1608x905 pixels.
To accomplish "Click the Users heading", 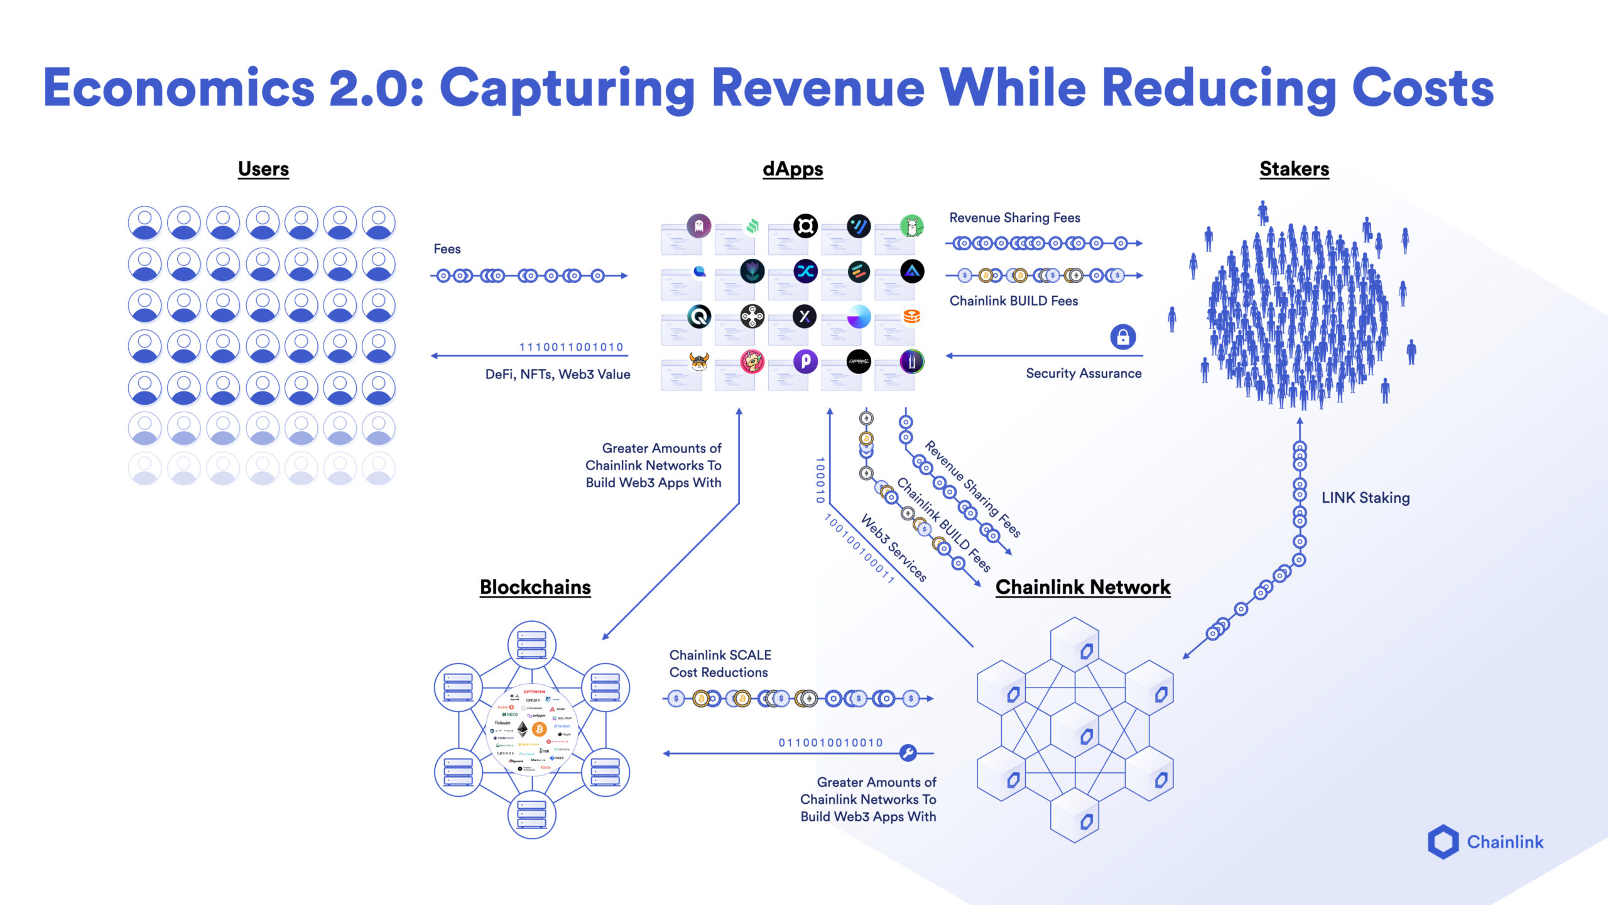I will pos(263,169).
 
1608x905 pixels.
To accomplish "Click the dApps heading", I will pos(793,169).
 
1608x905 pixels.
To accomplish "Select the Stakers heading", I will pos(1294,169).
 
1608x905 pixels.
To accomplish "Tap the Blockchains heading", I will pos(535,587).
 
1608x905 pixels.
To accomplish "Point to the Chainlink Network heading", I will pos(1083,587).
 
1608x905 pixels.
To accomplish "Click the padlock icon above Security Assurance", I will pos(1122,337).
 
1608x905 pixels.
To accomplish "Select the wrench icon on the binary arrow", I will pos(908,752).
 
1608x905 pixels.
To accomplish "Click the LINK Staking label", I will pos(1365,498).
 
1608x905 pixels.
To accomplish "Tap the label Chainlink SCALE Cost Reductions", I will pos(720,664).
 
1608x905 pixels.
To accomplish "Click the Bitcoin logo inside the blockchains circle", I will pos(539,729).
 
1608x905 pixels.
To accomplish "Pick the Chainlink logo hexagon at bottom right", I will pos(1443,842).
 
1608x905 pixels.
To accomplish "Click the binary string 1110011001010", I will pos(571,347).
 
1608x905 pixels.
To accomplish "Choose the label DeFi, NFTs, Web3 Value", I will pos(557,375).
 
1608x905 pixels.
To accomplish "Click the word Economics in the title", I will pos(179,88).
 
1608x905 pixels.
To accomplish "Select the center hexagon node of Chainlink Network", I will pos(1075,732).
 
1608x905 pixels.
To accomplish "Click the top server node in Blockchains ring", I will pos(531,645).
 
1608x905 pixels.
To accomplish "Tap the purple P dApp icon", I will pos(805,361).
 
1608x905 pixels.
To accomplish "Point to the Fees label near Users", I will pos(447,250).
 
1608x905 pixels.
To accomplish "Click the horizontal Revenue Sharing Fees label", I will pos(1014,218).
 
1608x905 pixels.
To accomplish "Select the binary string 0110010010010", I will pos(830,743).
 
